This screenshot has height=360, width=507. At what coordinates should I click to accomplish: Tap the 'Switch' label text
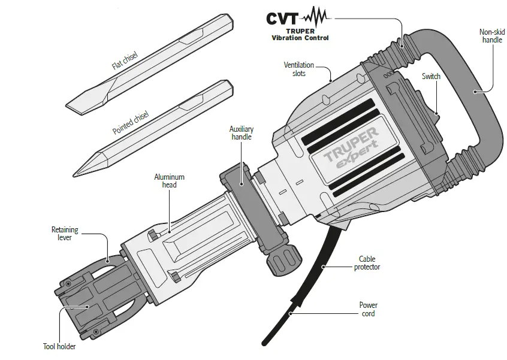click(x=430, y=76)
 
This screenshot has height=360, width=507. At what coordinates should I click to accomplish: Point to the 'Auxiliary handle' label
click(x=241, y=132)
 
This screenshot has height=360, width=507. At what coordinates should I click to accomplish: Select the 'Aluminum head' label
click(x=169, y=181)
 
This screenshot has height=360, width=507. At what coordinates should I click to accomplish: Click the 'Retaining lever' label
click(x=65, y=234)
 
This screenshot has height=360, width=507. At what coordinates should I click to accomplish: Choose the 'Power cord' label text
click(x=367, y=308)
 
